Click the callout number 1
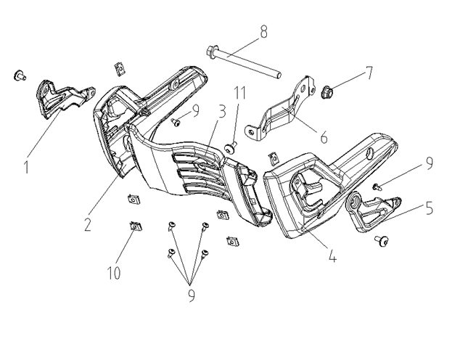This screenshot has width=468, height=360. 26,168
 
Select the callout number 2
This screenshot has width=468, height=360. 87,224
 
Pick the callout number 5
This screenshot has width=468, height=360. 430,208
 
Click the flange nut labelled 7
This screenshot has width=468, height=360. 328,92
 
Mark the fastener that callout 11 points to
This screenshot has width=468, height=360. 231,147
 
